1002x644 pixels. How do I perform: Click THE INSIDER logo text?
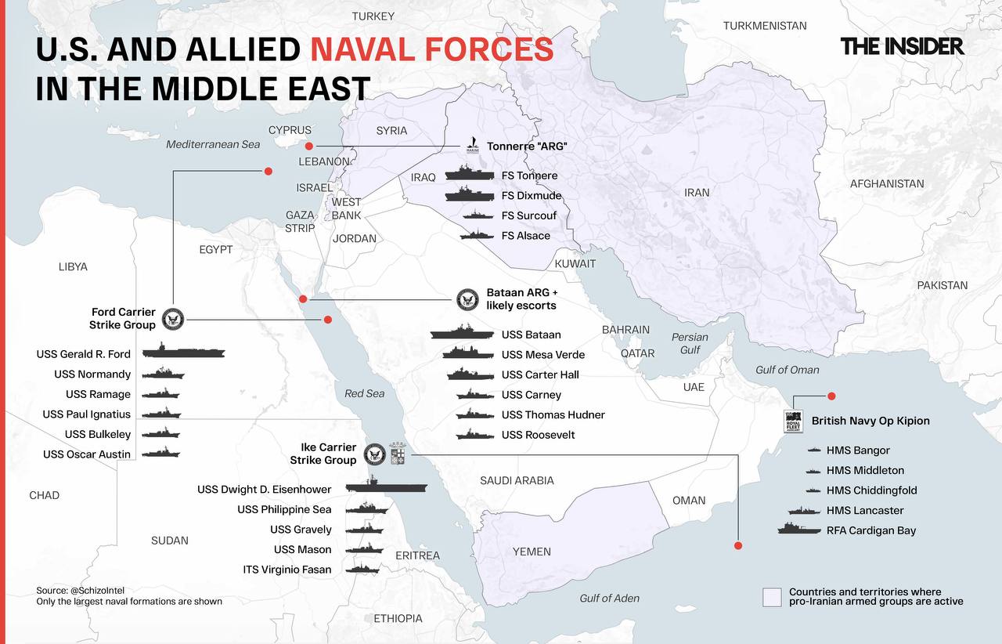902,46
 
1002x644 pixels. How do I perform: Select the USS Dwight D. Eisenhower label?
264,490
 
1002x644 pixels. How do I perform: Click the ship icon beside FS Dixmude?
470,196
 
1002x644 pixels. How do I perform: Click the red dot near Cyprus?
309,147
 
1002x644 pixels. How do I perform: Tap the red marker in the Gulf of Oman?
831,396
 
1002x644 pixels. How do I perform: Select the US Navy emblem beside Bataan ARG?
467,298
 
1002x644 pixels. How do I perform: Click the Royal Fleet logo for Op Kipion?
793,421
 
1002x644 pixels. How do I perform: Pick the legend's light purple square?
772,597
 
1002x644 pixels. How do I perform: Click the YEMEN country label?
532,552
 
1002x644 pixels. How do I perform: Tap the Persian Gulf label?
690,343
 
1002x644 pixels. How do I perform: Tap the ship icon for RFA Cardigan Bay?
798,530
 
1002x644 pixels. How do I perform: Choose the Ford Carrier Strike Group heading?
123,318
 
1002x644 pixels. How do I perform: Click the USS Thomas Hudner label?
553,414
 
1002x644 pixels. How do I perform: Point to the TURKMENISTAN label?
764,26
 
